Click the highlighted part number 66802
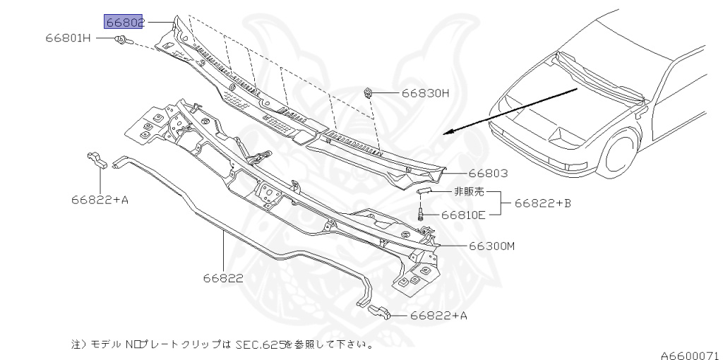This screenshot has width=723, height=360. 124,22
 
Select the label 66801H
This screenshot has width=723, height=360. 69,37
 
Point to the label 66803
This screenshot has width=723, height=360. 489,173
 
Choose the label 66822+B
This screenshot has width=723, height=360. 542,203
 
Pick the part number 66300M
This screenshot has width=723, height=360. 492,246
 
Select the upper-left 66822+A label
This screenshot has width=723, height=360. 100,200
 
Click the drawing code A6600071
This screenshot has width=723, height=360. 690,354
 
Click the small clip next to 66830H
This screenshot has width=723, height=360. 369,92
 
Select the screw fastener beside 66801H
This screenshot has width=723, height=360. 123,40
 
